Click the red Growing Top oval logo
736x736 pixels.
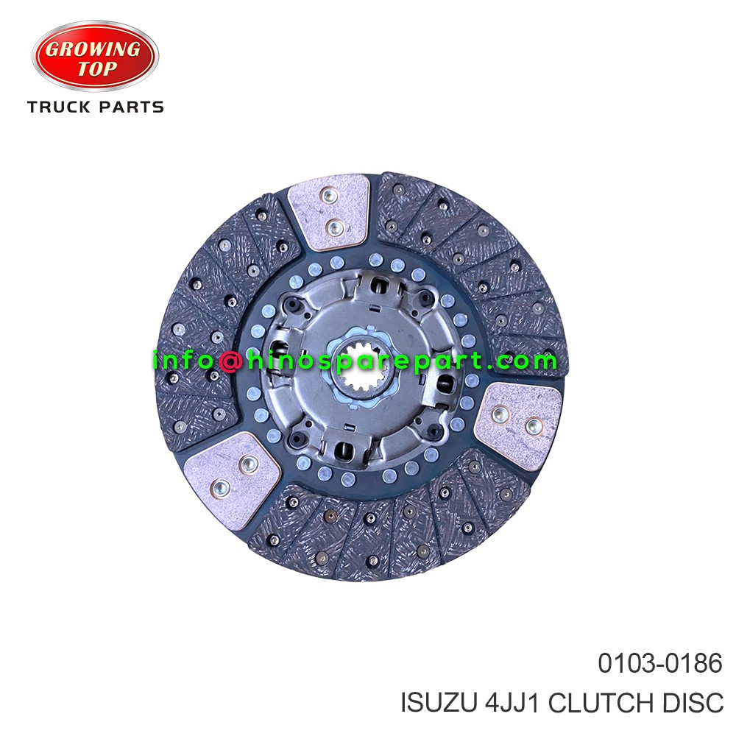(x=95, y=58)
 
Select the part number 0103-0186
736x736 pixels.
(x=659, y=665)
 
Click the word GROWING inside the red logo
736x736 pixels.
(x=95, y=50)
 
